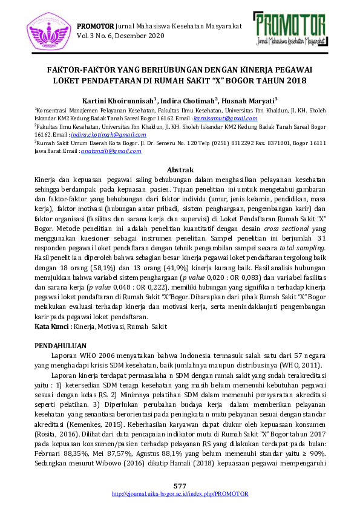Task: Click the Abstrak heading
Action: pos(180,170)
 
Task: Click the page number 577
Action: pos(180,487)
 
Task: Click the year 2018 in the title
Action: pos(297,80)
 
